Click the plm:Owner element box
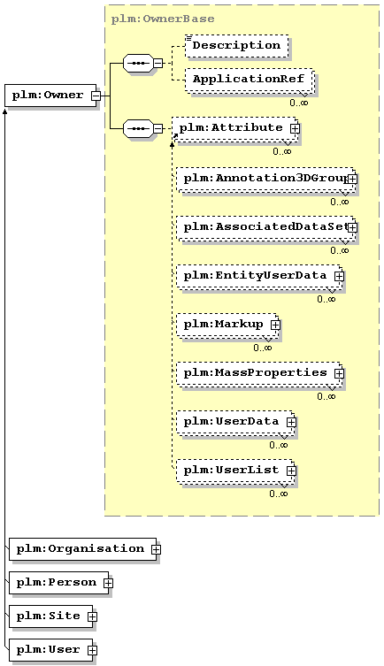pos(50,96)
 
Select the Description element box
pos(236,46)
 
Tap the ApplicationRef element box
pos(250,80)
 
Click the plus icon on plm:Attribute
pos(295,128)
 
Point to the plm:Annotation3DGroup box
pos(265,179)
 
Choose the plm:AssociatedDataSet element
pos(265,227)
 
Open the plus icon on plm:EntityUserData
pos(339,276)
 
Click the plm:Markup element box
pos(227,325)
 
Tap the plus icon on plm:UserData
pos(291,422)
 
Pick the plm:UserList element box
pos(234,471)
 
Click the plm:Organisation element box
pos(83,549)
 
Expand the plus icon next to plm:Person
pos(108,583)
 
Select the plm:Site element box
pos(51,616)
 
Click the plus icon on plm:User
pos(92,650)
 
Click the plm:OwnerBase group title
pos(163,19)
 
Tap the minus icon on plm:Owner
pos(96,96)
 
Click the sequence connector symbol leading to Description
pos(138,64)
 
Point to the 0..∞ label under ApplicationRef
pos(299,103)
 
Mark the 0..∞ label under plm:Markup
pos(263,348)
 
